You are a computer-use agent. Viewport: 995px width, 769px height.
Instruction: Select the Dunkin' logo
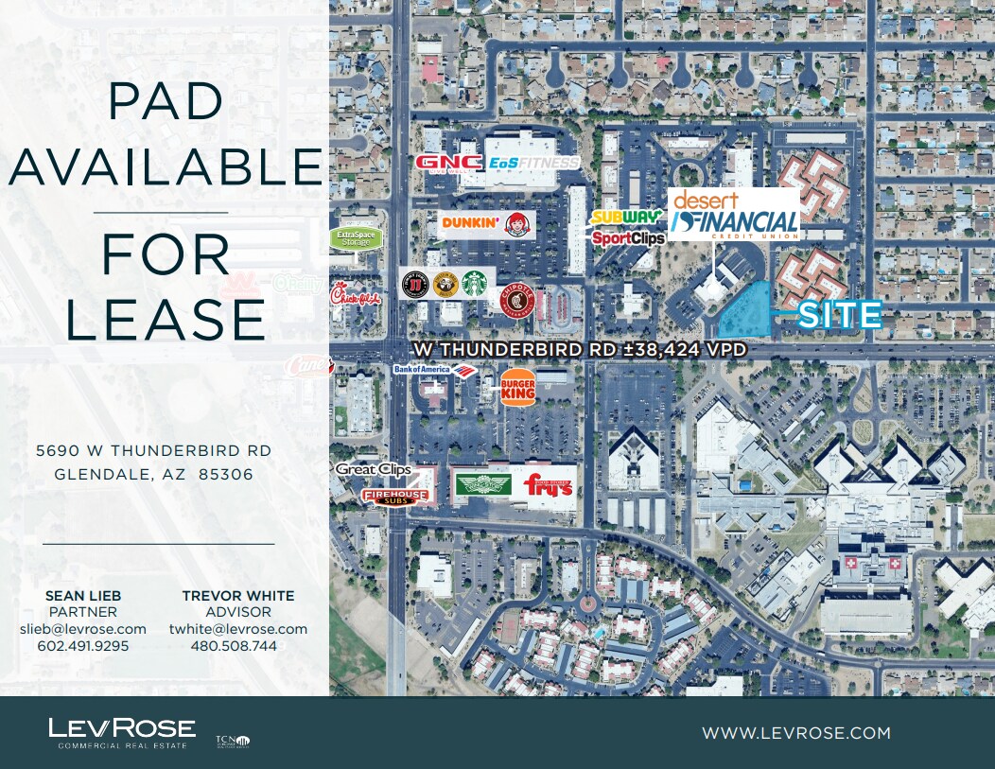(469, 223)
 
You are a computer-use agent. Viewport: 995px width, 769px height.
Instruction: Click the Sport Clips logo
(628, 238)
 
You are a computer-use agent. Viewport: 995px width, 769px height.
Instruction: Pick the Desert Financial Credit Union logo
(735, 214)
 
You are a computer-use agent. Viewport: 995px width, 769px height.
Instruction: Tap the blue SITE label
(839, 315)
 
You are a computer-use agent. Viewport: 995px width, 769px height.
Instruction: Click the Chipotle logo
(516, 302)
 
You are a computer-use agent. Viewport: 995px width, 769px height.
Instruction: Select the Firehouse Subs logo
(395, 495)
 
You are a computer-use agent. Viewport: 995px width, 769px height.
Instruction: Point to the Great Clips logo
(373, 469)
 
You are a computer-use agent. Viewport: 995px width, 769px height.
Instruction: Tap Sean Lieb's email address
(83, 629)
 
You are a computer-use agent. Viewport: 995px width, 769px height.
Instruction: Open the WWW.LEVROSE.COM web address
(795, 733)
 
